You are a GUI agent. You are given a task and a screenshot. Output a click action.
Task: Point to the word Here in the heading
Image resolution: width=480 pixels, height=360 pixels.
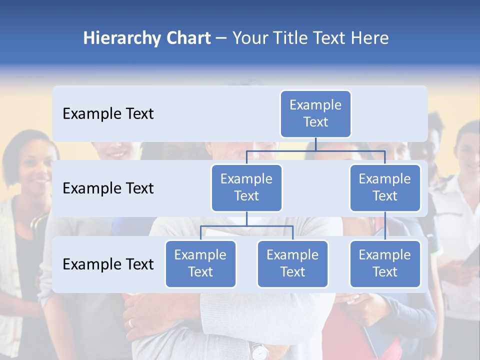370,38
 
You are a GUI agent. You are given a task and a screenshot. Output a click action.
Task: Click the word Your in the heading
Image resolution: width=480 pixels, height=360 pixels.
250,38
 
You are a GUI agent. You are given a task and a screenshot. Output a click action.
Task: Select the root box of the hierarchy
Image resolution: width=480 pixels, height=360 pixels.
315,113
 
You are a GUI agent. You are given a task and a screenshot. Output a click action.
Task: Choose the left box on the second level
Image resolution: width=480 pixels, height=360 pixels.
246,187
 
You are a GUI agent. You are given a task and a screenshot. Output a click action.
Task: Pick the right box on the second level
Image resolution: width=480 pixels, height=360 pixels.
385,187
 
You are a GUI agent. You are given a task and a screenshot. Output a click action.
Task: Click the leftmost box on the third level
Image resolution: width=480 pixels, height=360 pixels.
200,263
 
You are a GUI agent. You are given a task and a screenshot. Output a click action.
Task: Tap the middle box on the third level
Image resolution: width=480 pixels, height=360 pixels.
292,263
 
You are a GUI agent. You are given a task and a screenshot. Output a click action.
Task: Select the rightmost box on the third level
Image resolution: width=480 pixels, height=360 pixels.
385,263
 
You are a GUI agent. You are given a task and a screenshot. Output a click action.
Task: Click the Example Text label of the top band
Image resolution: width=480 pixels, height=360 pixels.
108,113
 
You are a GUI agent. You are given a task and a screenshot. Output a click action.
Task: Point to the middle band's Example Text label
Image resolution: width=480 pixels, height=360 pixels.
108,188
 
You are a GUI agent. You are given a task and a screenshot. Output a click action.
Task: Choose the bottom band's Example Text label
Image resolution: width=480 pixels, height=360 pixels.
108,264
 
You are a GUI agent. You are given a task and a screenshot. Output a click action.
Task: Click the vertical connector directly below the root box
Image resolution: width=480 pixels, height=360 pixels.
315,144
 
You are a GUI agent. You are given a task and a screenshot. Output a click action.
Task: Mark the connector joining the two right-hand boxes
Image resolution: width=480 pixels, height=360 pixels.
385,226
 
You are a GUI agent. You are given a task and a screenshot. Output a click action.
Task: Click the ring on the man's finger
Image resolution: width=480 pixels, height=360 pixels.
131,323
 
